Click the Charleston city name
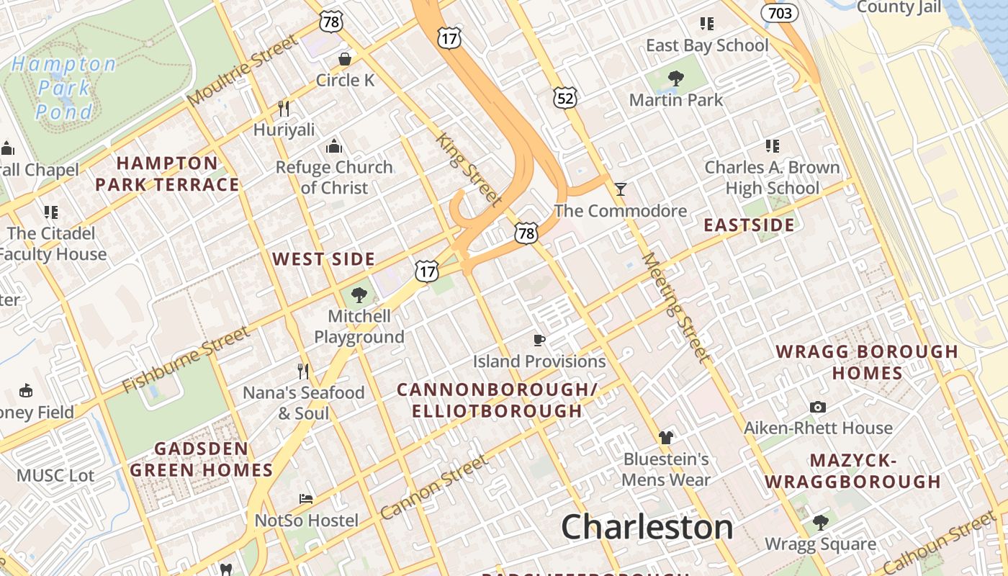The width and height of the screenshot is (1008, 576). click(647, 527)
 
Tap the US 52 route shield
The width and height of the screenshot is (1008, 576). click(565, 98)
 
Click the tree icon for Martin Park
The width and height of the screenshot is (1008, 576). click(675, 78)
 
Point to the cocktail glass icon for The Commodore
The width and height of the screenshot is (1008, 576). click(621, 189)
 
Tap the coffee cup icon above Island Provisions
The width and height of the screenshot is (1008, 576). click(539, 340)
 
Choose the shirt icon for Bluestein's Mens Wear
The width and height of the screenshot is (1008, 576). click(666, 437)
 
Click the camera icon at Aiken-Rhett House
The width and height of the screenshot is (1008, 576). click(817, 407)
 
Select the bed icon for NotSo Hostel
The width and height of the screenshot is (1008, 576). click(306, 498)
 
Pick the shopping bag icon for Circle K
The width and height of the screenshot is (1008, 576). click(345, 58)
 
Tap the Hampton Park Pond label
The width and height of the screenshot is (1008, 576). click(64, 88)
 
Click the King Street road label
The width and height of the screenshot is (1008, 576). click(469, 168)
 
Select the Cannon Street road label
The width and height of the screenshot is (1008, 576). click(433, 487)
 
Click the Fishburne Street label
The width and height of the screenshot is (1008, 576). click(185, 359)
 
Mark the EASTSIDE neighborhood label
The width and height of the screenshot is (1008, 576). click(749, 225)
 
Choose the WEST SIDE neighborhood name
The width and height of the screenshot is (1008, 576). click(323, 259)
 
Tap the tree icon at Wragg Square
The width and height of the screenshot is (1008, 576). click(820, 522)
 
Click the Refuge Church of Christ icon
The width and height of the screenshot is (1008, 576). click(334, 146)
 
